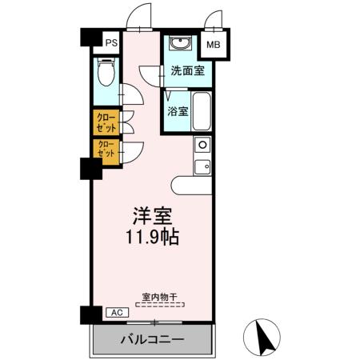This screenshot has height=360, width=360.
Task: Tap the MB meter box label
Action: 214,46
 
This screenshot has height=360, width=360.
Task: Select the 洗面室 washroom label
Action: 187,71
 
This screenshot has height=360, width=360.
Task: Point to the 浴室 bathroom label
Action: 178,112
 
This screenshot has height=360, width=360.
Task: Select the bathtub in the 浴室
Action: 201,111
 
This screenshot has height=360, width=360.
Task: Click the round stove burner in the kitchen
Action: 202,146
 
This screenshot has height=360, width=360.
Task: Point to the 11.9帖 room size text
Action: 152,238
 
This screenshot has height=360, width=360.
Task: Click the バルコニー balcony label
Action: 152,339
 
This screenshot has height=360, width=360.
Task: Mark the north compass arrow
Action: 263,335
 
